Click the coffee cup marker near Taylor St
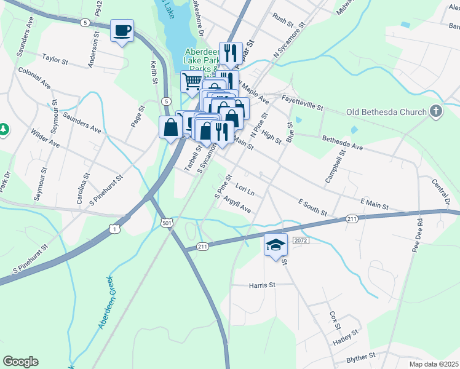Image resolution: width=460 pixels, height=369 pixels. (122, 30)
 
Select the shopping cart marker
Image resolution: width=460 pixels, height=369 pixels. (192, 81)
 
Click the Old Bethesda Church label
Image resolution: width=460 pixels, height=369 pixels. (386, 112)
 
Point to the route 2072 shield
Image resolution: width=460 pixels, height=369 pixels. (300, 240)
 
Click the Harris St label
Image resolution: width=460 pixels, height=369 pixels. (263, 285)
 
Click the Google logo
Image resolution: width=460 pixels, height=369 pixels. (20, 362)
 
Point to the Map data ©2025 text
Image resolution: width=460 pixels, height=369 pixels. (425, 364)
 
